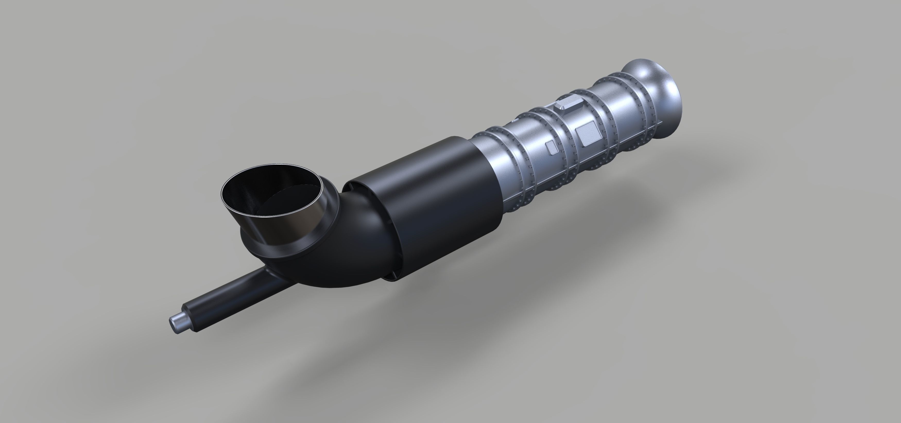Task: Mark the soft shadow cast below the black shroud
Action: point(455,315)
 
